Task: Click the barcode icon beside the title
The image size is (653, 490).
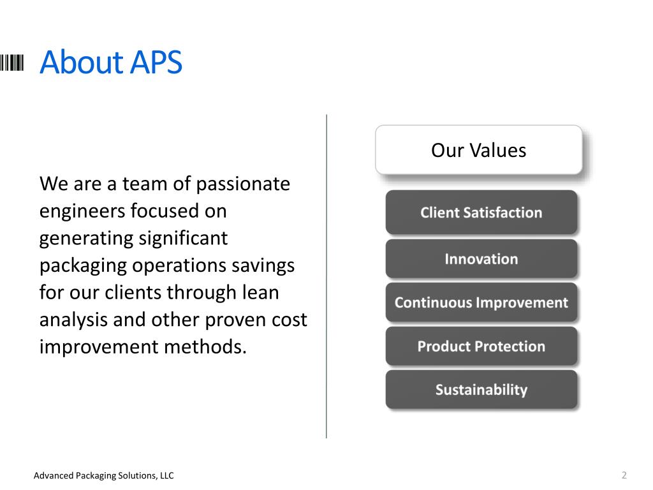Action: [x=11, y=63]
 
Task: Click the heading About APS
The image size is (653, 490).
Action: [x=111, y=62]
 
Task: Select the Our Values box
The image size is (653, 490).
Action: [x=478, y=149]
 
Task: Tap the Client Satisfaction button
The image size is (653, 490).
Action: [x=481, y=212]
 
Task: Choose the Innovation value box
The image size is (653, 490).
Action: [x=481, y=259]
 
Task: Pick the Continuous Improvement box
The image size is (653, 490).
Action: [x=481, y=302]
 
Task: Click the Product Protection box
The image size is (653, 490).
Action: [x=481, y=346]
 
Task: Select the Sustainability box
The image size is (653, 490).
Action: [x=481, y=390]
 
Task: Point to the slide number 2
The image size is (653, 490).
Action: [x=624, y=475]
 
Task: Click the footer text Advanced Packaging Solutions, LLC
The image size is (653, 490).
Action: [x=104, y=475]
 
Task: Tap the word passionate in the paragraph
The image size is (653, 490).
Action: [x=243, y=184]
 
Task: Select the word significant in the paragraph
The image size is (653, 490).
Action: [x=183, y=239]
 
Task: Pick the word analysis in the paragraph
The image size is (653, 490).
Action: [x=73, y=320]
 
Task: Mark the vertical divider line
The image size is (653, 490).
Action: [x=326, y=276]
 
